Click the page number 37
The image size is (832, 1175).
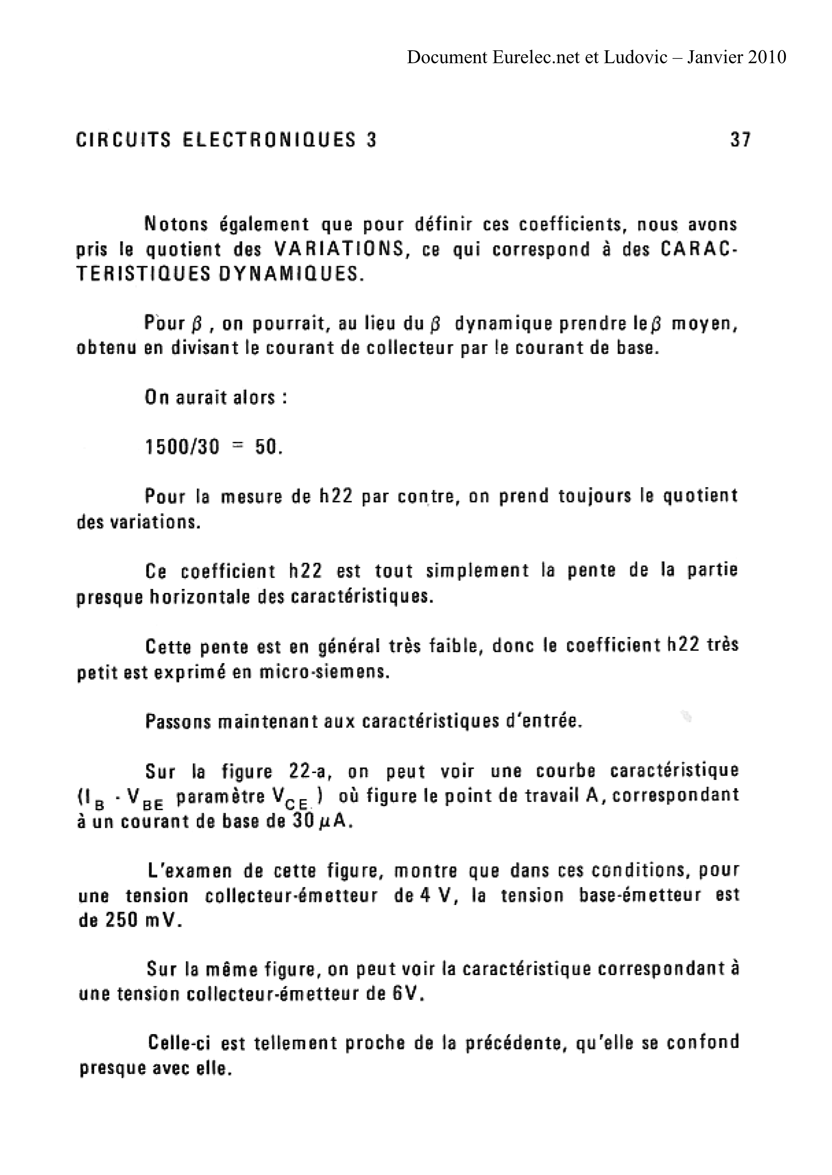click(x=740, y=140)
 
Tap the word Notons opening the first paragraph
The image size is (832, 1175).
click(x=177, y=224)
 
